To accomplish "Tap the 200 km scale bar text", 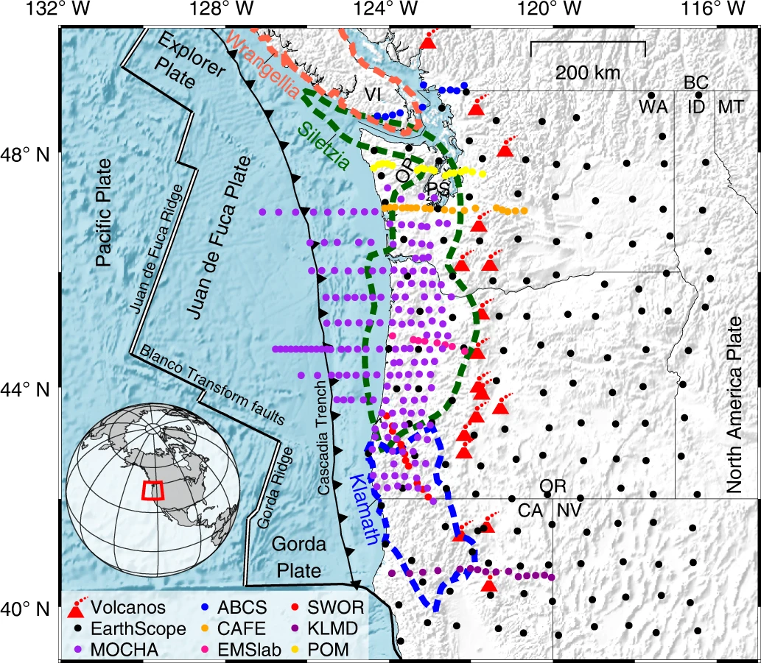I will point(587,72).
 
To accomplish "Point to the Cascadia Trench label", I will point(325,437).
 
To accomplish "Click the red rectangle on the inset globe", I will point(152,490).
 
